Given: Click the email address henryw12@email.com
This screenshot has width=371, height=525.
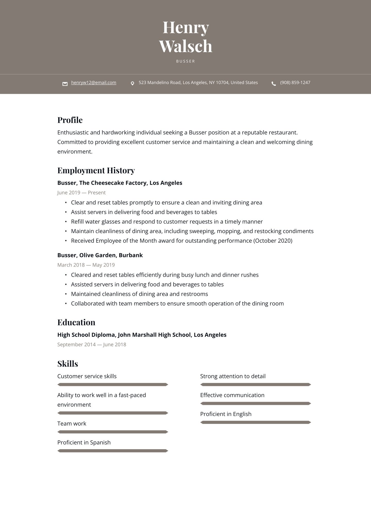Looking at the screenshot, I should (x=94, y=83).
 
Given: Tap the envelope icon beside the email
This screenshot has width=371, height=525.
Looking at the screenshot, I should (x=65, y=84).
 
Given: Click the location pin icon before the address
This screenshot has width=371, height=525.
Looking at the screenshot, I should (x=132, y=84).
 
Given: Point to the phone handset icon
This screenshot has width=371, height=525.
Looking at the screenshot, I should (x=274, y=84).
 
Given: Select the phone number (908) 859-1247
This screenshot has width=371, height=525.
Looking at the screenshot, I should (x=295, y=83).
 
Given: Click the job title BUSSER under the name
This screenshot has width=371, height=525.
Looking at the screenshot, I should (x=185, y=61).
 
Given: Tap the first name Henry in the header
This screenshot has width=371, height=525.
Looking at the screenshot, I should (x=185, y=27).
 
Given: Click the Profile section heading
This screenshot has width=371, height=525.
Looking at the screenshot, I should (x=70, y=120).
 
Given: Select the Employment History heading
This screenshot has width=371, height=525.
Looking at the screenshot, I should (x=96, y=170).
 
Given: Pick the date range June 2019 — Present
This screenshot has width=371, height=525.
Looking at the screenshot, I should (x=81, y=193).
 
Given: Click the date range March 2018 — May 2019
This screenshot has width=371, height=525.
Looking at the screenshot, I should (x=86, y=265).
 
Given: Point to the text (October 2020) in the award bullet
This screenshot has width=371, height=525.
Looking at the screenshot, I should (x=273, y=241).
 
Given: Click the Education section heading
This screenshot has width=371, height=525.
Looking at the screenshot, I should (x=76, y=322).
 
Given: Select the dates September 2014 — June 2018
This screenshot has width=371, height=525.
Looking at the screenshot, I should (x=91, y=344).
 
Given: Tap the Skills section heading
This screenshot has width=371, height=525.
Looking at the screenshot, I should (x=68, y=364).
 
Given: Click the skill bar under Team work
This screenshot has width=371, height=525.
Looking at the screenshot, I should (x=113, y=432).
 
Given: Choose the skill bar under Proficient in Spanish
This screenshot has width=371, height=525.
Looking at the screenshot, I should (x=113, y=451).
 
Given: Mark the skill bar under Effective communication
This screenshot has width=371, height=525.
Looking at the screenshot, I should (x=256, y=404).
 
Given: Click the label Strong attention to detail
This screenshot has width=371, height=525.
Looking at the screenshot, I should (x=233, y=376).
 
